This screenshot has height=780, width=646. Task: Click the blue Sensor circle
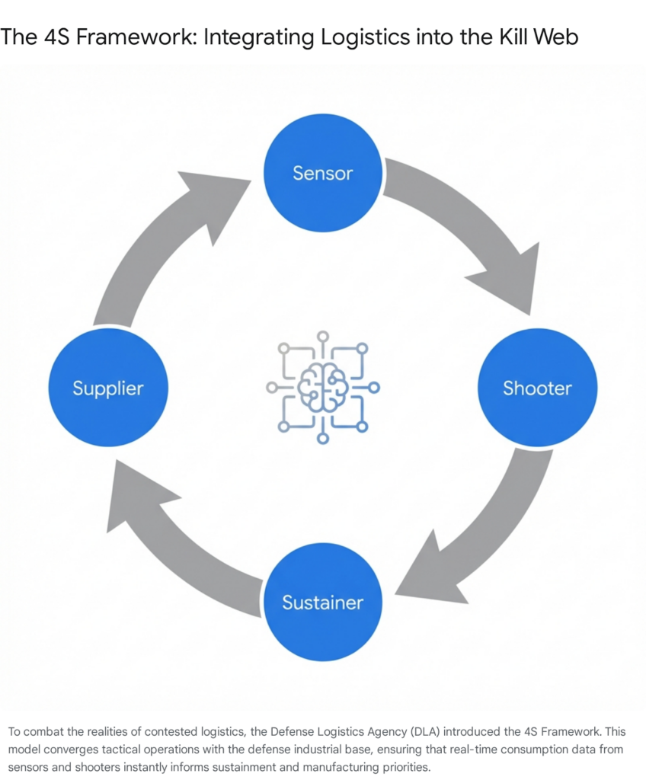[x=323, y=173]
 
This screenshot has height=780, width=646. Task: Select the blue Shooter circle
[x=537, y=388]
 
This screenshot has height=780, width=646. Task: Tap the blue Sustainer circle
[x=323, y=603]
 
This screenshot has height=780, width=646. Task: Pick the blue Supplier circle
[x=108, y=388]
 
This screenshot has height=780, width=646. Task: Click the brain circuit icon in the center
[x=323, y=388]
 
